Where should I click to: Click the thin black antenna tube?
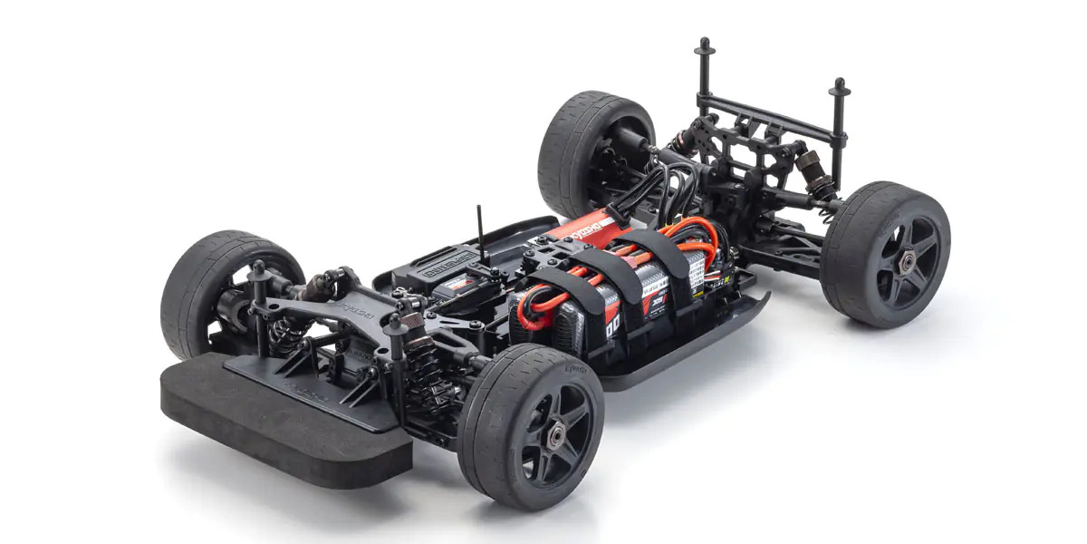click(481, 236)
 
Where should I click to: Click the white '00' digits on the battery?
click(611, 325)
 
